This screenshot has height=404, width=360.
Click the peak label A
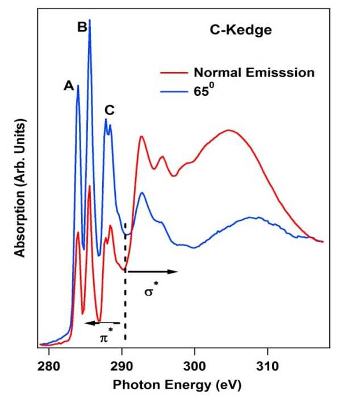(x=69, y=86)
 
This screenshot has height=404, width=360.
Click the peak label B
(x=82, y=26)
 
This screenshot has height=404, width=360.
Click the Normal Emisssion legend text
(x=254, y=73)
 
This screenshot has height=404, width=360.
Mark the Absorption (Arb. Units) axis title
(x=20, y=187)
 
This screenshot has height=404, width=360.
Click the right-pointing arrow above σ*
(x=153, y=272)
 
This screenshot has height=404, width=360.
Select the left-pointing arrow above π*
(x=102, y=322)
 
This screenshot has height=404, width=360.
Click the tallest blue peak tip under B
(x=90, y=20)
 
